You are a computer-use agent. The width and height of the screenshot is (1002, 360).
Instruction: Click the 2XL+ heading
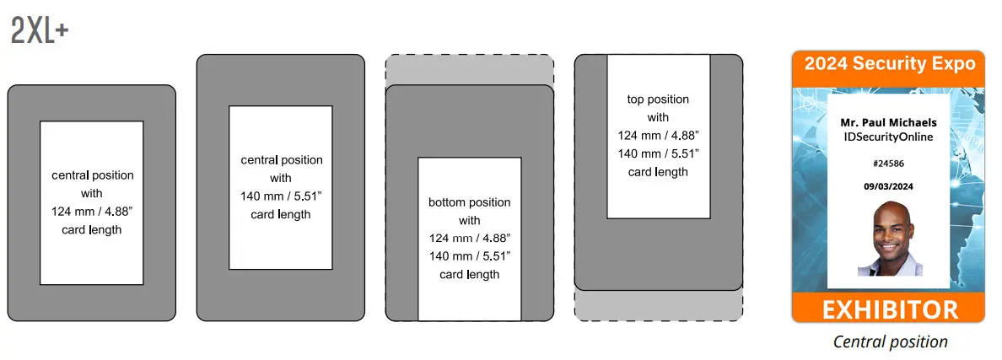pyautogui.click(x=40, y=31)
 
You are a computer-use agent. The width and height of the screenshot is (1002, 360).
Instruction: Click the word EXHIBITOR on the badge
pyautogui.click(x=888, y=309)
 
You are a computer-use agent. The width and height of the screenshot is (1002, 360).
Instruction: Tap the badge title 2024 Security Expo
pyautogui.click(x=889, y=64)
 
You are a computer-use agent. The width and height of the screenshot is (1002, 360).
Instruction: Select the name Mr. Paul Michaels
pyautogui.click(x=888, y=122)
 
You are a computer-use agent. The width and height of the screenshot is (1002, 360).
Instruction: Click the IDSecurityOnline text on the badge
pyautogui.click(x=888, y=136)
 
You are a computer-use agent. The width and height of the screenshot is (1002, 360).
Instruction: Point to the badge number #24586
pyautogui.click(x=888, y=164)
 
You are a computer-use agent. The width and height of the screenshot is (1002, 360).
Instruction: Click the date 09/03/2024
pyautogui.click(x=888, y=185)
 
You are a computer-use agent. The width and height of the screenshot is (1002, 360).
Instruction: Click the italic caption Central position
pyautogui.click(x=890, y=341)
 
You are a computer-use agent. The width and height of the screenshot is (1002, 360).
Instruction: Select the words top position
pyautogui.click(x=658, y=99)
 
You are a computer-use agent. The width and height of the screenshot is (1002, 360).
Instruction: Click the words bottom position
pyautogui.click(x=470, y=202)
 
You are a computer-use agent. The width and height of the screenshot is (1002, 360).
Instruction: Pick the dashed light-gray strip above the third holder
pyautogui.click(x=470, y=69)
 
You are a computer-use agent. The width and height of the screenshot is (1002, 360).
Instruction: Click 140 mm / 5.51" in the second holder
pyautogui.click(x=281, y=196)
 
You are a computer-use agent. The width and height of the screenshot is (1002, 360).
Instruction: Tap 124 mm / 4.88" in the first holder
pyautogui.click(x=92, y=212)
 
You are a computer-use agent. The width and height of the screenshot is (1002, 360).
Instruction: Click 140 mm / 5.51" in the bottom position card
pyautogui.click(x=470, y=256)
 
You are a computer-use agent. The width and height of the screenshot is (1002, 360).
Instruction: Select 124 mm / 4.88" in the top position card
pyautogui.click(x=658, y=136)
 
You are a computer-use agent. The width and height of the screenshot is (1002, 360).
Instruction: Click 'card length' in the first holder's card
pyautogui.click(x=92, y=230)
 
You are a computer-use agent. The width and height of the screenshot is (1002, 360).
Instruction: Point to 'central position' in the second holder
pyautogui.click(x=281, y=160)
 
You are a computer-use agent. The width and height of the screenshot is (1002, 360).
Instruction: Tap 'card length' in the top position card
pyautogui.click(x=658, y=172)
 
